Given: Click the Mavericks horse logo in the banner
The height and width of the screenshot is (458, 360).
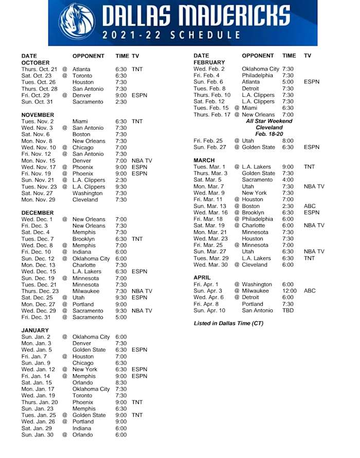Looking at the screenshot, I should tap(77, 22).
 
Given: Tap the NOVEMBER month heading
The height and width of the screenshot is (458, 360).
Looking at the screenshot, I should tap(38, 115).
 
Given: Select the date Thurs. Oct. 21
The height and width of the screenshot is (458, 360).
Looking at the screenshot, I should tap(39, 69).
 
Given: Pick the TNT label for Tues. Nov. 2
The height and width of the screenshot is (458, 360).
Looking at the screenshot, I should tap(137, 121).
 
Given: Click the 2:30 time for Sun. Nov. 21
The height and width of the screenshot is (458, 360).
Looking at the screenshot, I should tap(121, 180).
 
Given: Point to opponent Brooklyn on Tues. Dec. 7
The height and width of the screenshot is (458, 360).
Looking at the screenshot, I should tap(84, 239).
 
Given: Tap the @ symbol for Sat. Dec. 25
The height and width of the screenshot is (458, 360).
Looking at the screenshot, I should tap(65, 297).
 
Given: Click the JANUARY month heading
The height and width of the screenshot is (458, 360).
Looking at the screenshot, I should tap(35, 330).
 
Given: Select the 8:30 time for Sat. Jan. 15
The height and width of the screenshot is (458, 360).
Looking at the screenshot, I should tap(121, 382).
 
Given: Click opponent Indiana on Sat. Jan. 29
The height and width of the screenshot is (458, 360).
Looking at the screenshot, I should tap(82, 428).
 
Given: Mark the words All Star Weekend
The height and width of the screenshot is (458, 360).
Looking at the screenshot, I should tap(269, 121).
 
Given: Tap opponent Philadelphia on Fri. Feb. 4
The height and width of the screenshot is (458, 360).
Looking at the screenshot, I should tap(258, 75).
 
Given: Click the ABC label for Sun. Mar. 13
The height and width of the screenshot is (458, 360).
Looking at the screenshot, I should tap(310, 206).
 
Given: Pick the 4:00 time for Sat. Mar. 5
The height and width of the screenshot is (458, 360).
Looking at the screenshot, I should tap(288, 180).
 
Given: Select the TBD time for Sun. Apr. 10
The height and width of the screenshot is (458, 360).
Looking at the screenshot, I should tap(288, 310).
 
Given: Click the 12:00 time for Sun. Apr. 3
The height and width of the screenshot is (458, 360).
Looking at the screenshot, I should tap(290, 291).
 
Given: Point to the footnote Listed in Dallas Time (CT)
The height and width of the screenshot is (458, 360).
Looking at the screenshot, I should tap(228, 323).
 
